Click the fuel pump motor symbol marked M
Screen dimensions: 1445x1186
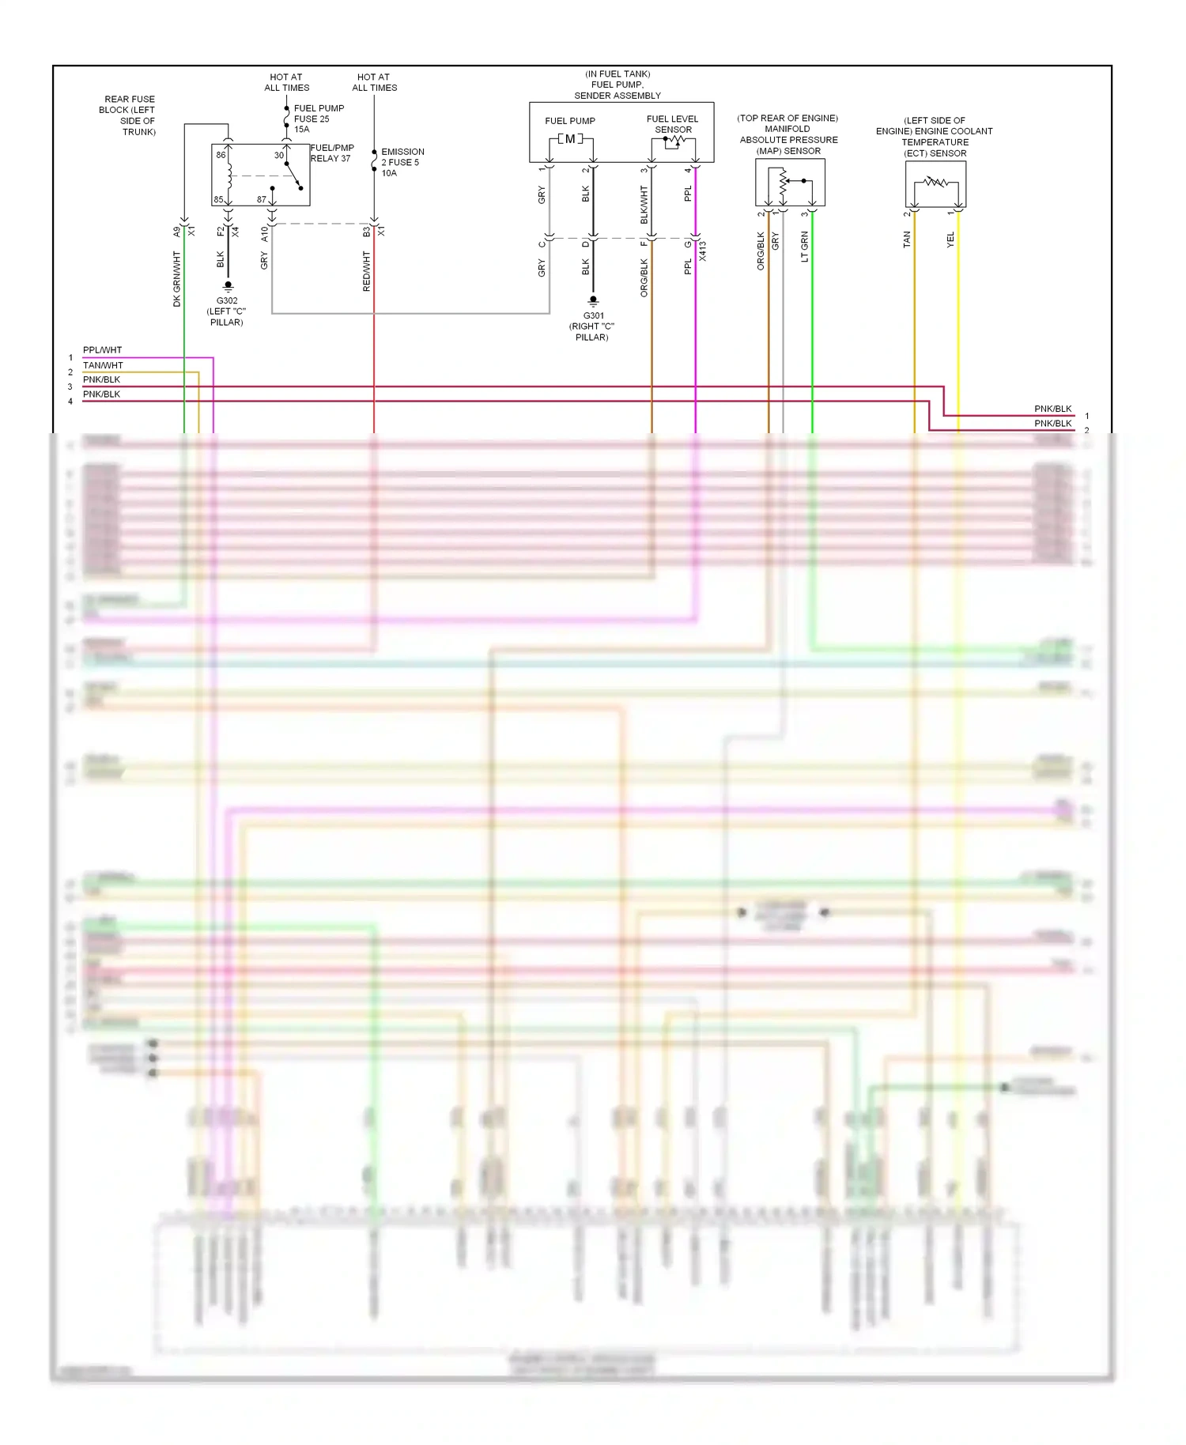570,139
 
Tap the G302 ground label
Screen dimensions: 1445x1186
227,300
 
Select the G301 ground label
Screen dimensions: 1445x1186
593,315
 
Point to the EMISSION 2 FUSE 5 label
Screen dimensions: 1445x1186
402,162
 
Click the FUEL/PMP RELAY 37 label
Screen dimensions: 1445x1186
332,153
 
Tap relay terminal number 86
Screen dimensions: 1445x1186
221,155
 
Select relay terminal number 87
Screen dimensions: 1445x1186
262,199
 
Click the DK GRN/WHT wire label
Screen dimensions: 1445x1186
177,278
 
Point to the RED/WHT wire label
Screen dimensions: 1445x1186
366,271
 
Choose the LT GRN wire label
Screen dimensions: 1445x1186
805,246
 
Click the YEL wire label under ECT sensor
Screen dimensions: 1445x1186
950,240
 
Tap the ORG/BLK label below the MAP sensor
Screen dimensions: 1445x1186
761,251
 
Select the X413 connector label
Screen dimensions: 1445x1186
703,251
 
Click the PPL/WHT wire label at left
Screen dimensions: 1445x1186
103,350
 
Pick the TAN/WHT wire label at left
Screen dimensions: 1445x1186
103,365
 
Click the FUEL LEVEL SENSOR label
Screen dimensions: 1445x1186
673,124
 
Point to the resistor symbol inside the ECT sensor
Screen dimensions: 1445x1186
935,183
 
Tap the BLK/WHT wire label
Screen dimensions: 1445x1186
644,204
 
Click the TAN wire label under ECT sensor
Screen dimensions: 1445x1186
906,240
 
